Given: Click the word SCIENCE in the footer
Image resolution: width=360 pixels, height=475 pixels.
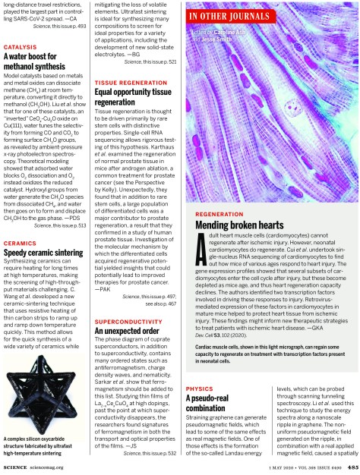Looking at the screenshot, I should point(17,466).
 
